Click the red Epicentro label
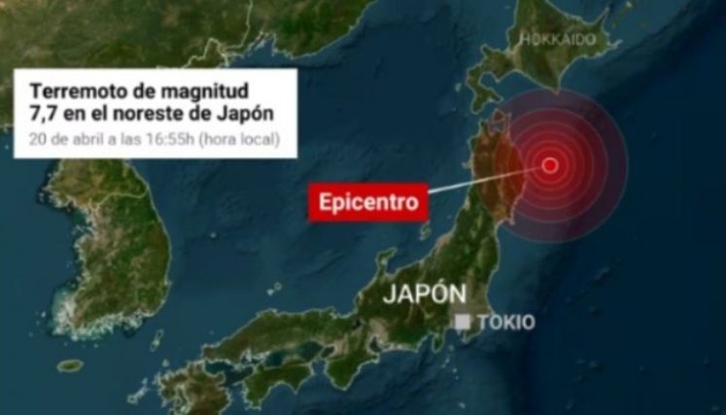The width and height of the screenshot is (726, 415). (370, 202)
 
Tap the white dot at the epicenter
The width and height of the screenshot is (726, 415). (550, 164)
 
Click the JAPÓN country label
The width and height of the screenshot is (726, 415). (425, 294)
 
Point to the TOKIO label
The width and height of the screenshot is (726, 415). (505, 323)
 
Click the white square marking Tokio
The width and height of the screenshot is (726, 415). (465, 322)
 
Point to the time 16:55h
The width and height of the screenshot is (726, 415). (173, 139)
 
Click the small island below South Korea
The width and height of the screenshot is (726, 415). (70, 365)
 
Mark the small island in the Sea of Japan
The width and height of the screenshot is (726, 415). (425, 231)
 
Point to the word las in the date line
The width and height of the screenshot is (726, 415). (129, 139)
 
